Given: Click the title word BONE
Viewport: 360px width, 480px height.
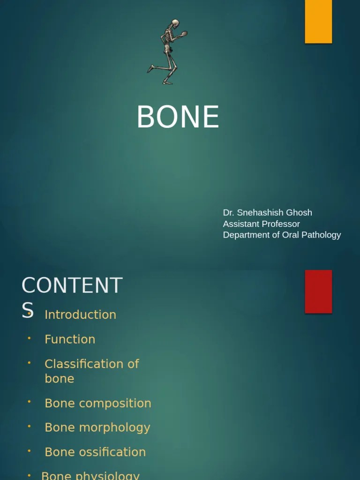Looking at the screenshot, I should click(178, 117).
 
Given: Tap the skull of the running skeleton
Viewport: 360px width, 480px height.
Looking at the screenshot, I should click(175, 23).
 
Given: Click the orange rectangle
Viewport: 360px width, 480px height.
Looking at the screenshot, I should click(318, 22).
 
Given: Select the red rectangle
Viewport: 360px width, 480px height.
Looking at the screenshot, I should click(318, 291).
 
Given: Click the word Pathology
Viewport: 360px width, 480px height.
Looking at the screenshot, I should click(320, 235).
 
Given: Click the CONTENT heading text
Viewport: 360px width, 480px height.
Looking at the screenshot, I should click(72, 285).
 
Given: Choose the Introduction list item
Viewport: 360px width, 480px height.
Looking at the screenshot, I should click(80, 315).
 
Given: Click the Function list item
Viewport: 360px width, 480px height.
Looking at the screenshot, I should click(70, 339).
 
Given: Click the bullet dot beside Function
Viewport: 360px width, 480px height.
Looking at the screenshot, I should click(29, 338).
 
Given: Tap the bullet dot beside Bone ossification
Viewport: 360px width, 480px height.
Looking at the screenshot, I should click(29, 450).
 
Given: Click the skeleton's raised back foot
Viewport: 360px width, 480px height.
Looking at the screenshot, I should click(150, 69).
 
